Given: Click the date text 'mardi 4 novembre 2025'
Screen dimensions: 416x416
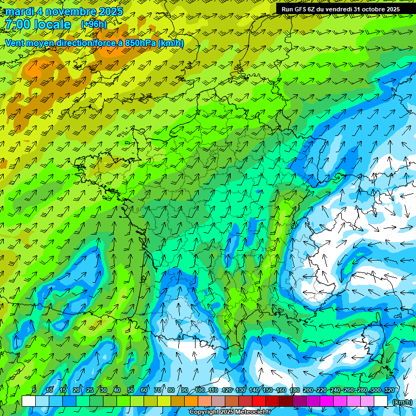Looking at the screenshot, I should [x=64, y=11].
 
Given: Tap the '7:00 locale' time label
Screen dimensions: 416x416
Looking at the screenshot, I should [x=37, y=24].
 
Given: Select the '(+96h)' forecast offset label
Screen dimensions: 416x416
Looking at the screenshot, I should [x=94, y=24].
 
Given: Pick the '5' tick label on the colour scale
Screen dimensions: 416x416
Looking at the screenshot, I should [x=34, y=391].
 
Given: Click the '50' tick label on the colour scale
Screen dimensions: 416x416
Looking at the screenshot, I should [x=130, y=391].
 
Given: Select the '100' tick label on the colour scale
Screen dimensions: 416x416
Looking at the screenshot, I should [x=200, y=391].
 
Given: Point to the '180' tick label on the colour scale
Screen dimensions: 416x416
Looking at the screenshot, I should [x=295, y=391].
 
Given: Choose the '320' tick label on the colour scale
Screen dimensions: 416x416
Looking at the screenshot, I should [x=389, y=391].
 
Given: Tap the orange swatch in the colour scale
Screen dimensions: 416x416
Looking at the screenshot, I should [x=191, y=401].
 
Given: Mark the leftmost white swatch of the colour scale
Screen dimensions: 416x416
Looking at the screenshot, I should [x=29, y=401].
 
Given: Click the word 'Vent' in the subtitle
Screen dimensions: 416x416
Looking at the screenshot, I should [x=15, y=43].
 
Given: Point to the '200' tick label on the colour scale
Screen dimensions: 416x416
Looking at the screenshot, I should [x=308, y=391].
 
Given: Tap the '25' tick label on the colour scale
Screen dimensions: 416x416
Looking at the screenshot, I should [x=89, y=391].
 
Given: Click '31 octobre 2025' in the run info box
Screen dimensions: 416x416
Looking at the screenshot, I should [x=376, y=9].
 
